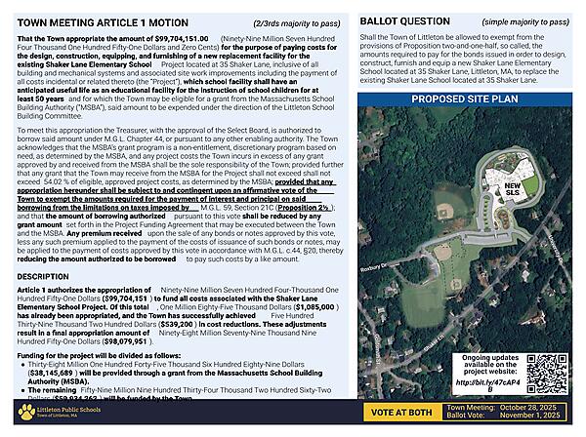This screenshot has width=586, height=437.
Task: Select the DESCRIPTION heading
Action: (x=44, y=277)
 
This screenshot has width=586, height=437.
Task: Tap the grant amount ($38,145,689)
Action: (x=55, y=372)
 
